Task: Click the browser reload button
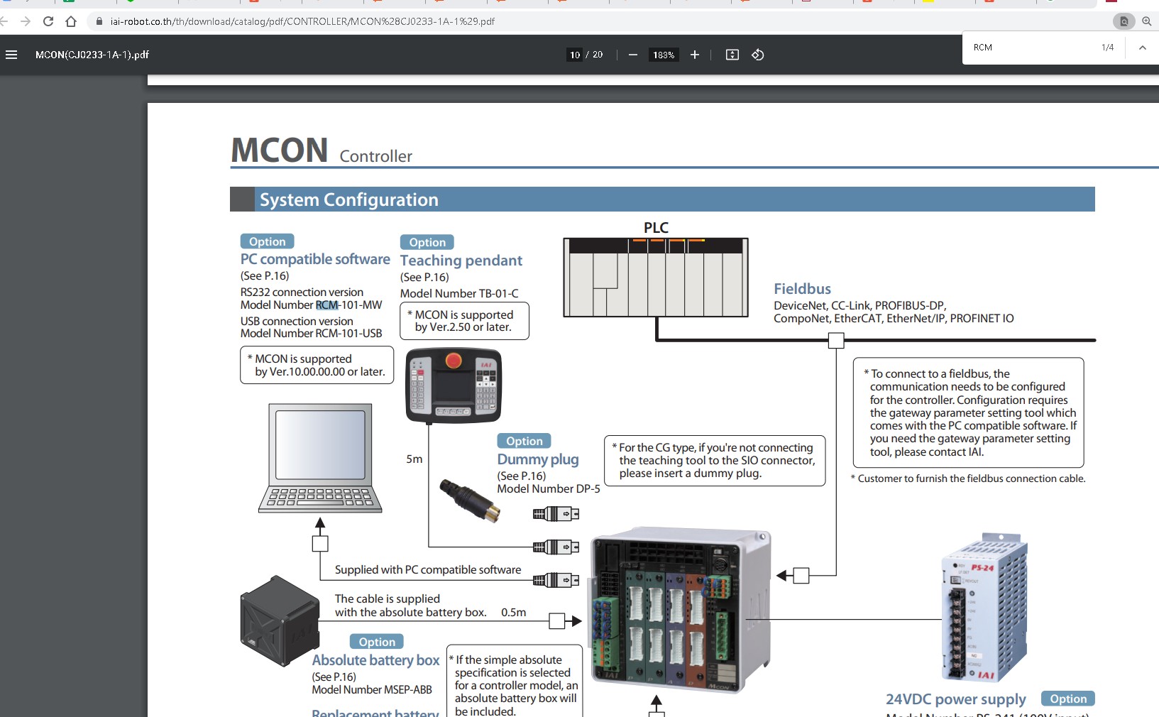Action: [48, 21]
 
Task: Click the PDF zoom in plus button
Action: [695, 55]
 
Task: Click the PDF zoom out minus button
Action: [633, 55]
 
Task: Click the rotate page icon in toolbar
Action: [758, 55]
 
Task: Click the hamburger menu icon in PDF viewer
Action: [11, 55]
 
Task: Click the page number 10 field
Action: [575, 55]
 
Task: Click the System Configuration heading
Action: [348, 199]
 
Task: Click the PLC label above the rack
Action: [656, 228]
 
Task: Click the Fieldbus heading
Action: [802, 289]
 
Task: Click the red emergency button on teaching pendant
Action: [453, 361]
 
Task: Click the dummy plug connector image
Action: [468, 500]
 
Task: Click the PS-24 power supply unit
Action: [984, 608]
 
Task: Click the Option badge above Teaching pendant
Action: [427, 242]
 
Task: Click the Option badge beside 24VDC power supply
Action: [1067, 699]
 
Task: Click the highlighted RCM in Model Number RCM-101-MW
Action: [326, 305]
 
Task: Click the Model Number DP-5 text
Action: [548, 488]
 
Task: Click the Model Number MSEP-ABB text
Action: [372, 689]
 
